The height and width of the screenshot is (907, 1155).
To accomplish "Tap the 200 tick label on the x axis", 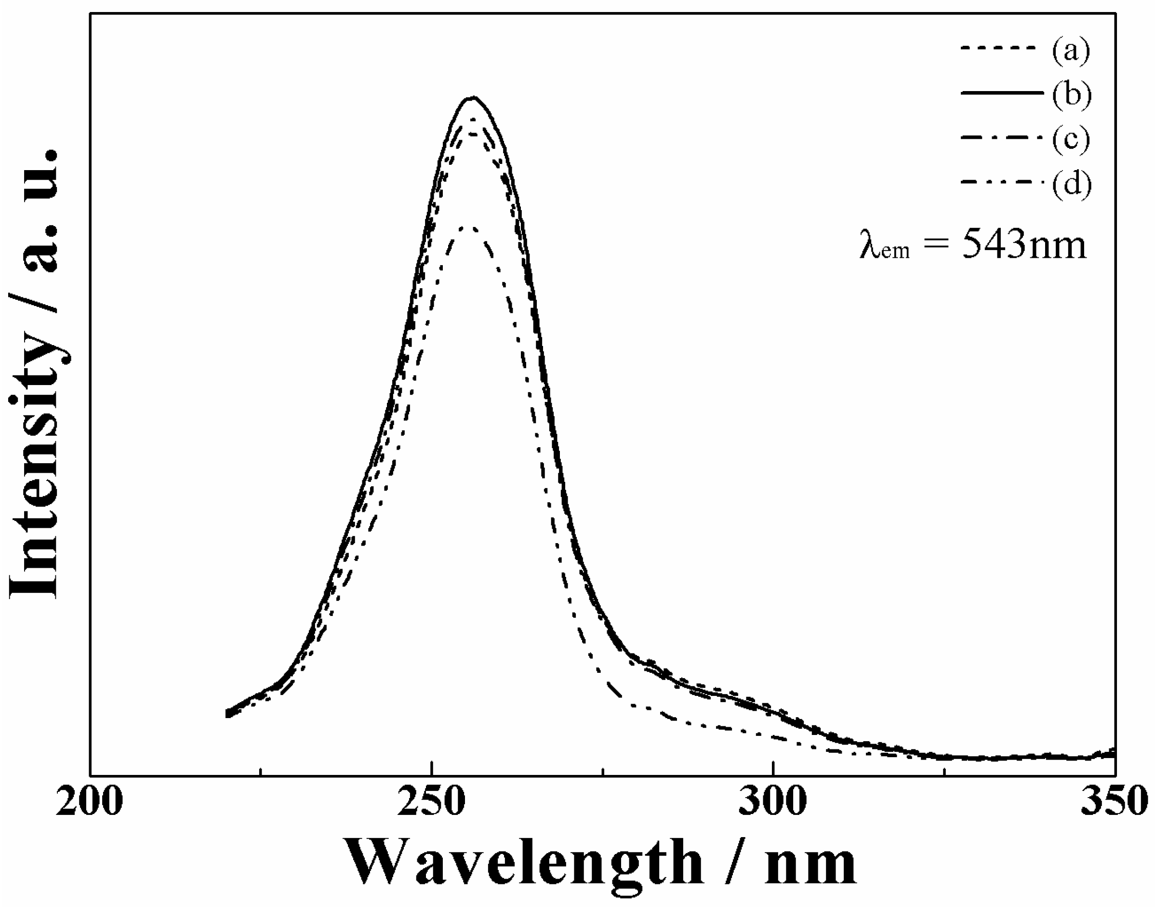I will pyautogui.click(x=89, y=802).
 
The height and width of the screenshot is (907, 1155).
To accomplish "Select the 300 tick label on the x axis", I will pyautogui.click(x=773, y=802).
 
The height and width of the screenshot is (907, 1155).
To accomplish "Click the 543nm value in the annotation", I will pyautogui.click(x=1024, y=245).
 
